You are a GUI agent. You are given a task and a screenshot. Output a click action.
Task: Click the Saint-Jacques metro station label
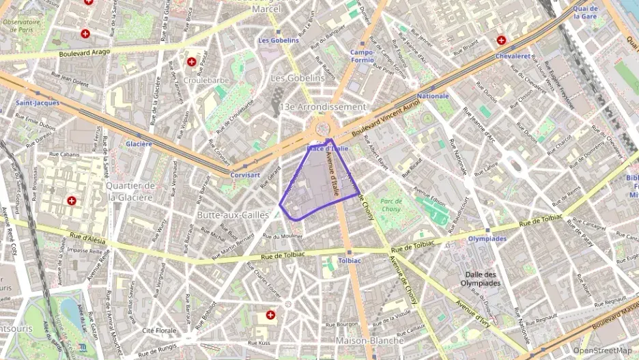[x=38, y=103]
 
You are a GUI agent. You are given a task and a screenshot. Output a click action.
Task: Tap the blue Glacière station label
[x=139, y=144]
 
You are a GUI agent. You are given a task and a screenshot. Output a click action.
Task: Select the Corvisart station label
[x=246, y=175]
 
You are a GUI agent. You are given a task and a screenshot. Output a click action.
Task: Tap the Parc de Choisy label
[x=392, y=204]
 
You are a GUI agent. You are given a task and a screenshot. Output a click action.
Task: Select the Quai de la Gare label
[x=586, y=13]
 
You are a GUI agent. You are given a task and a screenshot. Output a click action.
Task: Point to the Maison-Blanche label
[x=370, y=340]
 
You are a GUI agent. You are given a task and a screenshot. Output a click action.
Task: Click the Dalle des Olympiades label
[x=483, y=278]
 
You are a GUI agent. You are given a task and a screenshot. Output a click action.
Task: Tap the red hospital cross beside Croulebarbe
[x=192, y=61]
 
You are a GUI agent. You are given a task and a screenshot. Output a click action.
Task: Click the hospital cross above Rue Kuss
[x=271, y=315]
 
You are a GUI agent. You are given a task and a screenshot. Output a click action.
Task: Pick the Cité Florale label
[x=158, y=331]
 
